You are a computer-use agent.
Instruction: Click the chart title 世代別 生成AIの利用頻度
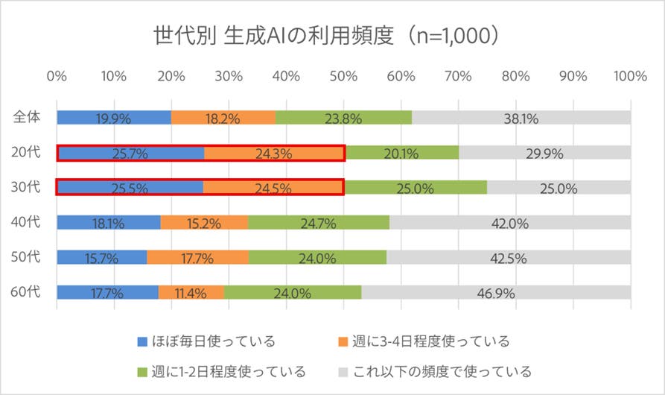pos(326,35)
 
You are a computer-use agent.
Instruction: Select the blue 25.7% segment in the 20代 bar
pos(131,154)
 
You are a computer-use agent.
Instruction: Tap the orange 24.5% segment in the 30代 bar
pos(273,188)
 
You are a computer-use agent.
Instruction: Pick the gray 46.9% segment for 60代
pos(496,293)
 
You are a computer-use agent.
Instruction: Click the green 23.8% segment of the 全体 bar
pos(343,118)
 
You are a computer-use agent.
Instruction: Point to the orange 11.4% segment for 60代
pos(191,293)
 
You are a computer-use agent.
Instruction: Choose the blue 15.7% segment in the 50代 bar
pos(102,258)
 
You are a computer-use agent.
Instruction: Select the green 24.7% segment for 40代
pos(319,223)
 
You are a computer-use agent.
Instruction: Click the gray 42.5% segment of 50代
pos(509,258)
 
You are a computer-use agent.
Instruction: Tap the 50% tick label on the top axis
pos(344,76)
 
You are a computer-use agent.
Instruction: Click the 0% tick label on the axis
pos(57,76)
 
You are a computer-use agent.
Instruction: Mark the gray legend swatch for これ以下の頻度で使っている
pos(344,370)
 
